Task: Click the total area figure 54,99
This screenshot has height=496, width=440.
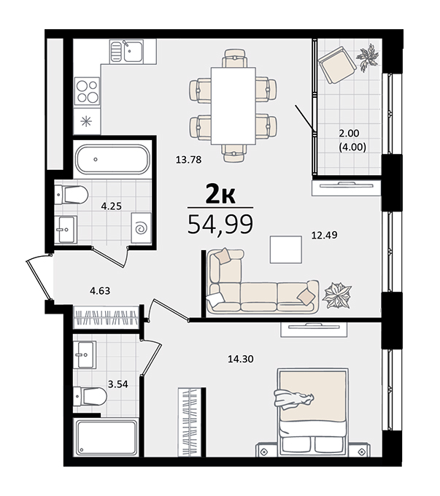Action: (x=220, y=224)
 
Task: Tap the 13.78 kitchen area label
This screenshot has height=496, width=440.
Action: (x=189, y=160)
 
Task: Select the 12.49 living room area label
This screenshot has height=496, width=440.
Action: (x=325, y=235)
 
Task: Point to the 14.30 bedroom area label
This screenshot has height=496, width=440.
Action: (x=241, y=359)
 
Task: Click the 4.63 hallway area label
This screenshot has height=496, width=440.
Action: (x=100, y=291)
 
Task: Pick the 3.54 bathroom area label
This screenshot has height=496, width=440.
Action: (x=118, y=384)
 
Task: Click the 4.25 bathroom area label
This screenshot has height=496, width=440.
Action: (x=112, y=206)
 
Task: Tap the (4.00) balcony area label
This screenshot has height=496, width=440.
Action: (x=352, y=147)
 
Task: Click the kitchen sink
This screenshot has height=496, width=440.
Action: (x=127, y=52)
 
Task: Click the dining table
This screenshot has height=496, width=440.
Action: (x=233, y=106)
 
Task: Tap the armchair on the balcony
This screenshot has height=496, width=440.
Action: (x=337, y=65)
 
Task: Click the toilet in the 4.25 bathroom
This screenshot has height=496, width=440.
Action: (x=72, y=195)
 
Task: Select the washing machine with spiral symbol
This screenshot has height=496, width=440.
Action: (x=141, y=228)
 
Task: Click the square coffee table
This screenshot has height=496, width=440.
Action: (x=286, y=249)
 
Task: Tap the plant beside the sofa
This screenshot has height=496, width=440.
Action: (x=337, y=295)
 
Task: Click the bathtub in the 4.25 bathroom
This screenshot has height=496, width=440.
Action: (x=112, y=160)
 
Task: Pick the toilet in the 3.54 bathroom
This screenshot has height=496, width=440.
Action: (x=90, y=396)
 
